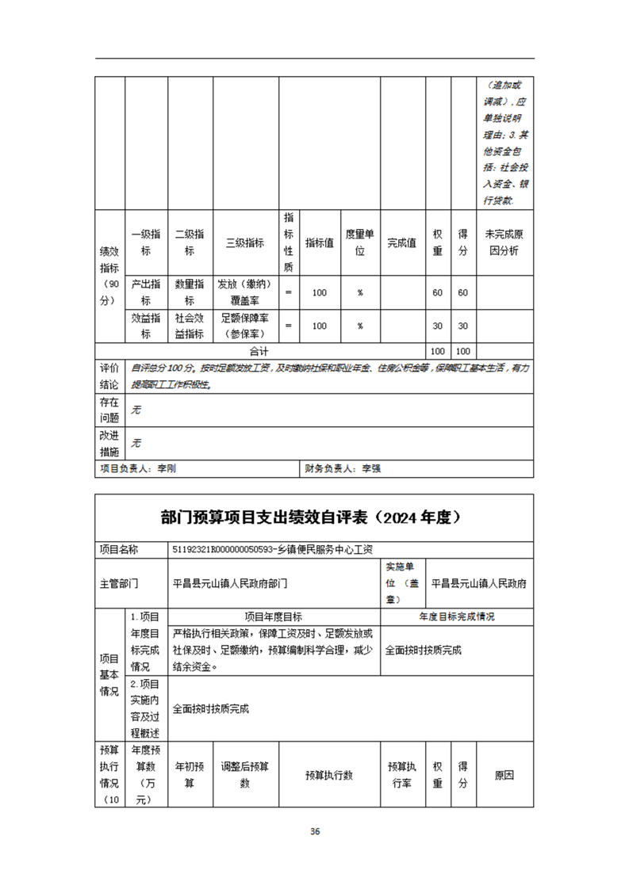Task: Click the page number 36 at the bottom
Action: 314,831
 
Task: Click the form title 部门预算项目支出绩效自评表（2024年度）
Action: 314,518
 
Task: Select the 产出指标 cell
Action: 146,292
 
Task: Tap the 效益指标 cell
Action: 146,326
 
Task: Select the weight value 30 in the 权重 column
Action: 437,326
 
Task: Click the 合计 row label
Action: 259,351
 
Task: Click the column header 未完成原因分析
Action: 504,242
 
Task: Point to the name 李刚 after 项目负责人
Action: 167,469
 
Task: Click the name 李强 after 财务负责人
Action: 371,469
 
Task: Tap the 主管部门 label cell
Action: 119,583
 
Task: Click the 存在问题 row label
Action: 109,409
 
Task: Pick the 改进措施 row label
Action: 109,444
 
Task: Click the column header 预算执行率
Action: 402,775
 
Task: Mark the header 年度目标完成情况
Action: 457,616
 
